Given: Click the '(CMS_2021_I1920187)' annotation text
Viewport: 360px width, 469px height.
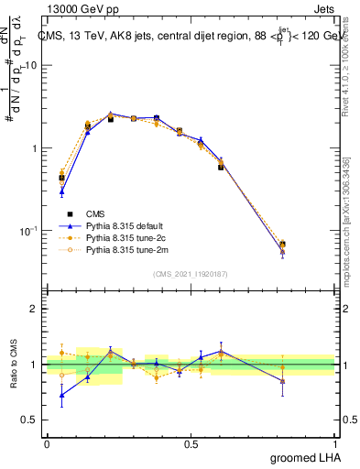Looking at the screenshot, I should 191,273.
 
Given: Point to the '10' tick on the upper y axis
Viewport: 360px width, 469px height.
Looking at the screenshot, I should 31,66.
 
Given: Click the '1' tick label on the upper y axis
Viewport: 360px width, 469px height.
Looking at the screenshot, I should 34,148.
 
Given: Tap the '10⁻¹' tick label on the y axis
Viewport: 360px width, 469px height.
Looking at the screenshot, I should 29,230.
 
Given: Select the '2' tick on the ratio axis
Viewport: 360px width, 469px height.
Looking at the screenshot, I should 34,310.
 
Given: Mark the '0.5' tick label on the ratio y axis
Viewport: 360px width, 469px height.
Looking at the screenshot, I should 30,420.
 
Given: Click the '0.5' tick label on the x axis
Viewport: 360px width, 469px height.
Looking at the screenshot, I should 191,443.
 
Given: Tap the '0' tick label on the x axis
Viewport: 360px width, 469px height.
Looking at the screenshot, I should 47,443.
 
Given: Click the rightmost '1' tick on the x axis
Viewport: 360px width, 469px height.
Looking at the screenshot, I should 335,443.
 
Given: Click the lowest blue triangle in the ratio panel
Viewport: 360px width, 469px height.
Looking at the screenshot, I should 61,396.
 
